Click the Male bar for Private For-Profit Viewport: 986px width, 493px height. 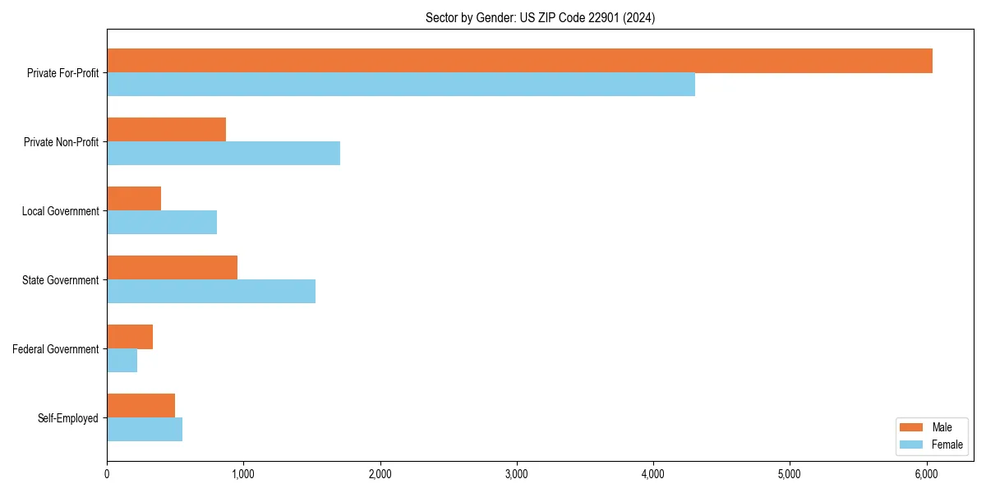[x=519, y=61]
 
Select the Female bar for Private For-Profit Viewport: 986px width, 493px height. [x=401, y=85]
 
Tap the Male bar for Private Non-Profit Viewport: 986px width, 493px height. [x=166, y=130]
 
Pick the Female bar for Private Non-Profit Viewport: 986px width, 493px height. [x=223, y=154]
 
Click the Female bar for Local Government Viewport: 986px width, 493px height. [x=162, y=223]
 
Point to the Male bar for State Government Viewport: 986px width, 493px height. [x=172, y=268]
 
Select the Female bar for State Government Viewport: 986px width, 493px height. [x=211, y=292]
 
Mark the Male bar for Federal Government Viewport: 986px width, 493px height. [x=130, y=337]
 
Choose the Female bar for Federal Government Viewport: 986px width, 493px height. [x=122, y=361]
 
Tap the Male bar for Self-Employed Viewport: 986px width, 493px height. [x=141, y=406]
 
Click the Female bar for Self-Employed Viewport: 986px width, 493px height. [x=145, y=430]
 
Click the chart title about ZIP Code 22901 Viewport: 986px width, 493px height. [x=540, y=17]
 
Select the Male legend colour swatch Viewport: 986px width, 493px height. [x=912, y=427]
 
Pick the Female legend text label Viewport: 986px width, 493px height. [x=947, y=445]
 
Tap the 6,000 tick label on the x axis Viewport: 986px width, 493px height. [x=926, y=474]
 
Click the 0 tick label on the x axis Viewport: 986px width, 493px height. [x=107, y=474]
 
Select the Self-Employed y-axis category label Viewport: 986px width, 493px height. [x=68, y=418]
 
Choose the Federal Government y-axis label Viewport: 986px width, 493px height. [x=56, y=349]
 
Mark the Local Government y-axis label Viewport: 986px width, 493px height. [x=60, y=211]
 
